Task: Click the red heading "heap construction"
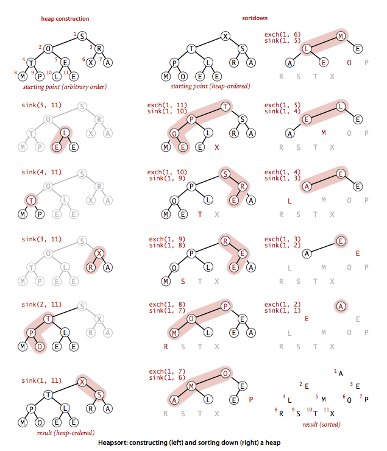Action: pos(65,19)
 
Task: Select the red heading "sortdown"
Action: pos(255,18)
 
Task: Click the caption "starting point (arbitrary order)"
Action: pos(65,87)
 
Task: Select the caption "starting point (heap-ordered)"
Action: pos(210,86)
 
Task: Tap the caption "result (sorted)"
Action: pos(321,424)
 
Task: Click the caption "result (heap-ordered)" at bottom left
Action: pos(66,433)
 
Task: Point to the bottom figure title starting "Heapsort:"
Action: pos(189,442)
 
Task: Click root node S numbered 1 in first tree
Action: pos(82,36)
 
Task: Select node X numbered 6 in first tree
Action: pos(91,62)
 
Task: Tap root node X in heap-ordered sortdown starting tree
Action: pos(225,36)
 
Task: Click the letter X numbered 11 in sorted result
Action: pos(332,414)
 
